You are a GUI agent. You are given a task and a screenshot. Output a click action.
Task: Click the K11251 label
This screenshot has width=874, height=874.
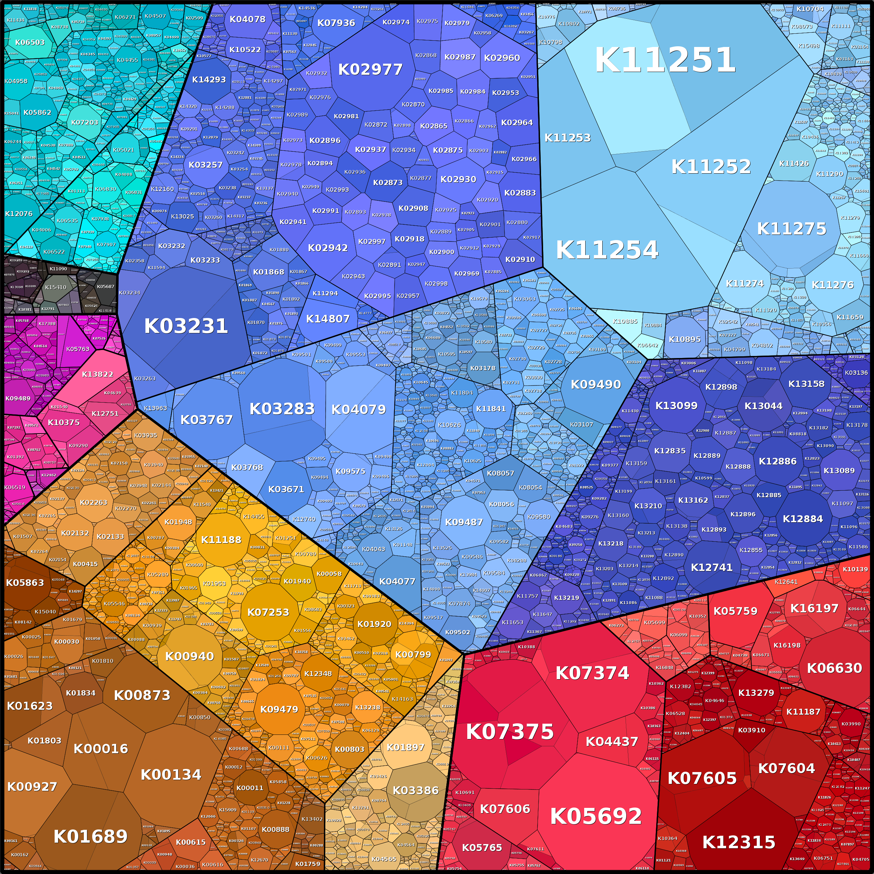pos(665,60)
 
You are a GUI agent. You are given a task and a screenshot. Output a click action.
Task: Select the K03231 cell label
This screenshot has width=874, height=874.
pos(185,326)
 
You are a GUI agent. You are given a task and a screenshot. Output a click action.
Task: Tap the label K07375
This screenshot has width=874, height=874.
pos(509,731)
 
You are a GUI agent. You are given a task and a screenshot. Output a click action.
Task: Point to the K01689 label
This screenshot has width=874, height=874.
pos(90,836)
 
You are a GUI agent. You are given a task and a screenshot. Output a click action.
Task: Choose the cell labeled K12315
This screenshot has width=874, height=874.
pos(738,842)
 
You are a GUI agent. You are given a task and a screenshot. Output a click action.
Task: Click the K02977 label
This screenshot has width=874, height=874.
pos(370,70)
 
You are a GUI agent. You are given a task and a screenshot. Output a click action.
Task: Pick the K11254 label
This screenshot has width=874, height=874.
pos(607,250)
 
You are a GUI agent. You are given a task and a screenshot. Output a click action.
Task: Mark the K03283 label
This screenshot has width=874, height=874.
pos(282,409)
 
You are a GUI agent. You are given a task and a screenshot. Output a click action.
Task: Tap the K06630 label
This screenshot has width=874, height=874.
pos(834,668)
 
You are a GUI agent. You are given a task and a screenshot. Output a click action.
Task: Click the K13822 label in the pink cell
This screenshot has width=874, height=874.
pos(97,374)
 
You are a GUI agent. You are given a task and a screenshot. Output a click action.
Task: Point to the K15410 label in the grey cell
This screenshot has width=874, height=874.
pos(56,287)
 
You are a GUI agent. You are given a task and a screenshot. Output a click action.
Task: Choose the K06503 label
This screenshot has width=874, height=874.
pos(30,42)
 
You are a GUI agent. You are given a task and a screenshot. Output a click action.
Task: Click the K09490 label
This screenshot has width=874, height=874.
pos(595,384)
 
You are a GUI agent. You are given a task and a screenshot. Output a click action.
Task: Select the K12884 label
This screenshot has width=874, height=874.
pos(803,519)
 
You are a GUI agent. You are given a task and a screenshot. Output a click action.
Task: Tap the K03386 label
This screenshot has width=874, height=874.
pos(415,790)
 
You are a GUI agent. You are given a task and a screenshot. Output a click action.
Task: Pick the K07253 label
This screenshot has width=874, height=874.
pos(268,612)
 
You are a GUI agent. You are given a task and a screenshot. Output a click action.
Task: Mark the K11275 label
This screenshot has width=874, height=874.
pos(791,229)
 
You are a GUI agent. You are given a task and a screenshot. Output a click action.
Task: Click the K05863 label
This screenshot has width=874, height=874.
pos(25,583)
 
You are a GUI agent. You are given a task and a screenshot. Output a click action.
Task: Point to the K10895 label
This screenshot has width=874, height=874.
pos(684,339)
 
